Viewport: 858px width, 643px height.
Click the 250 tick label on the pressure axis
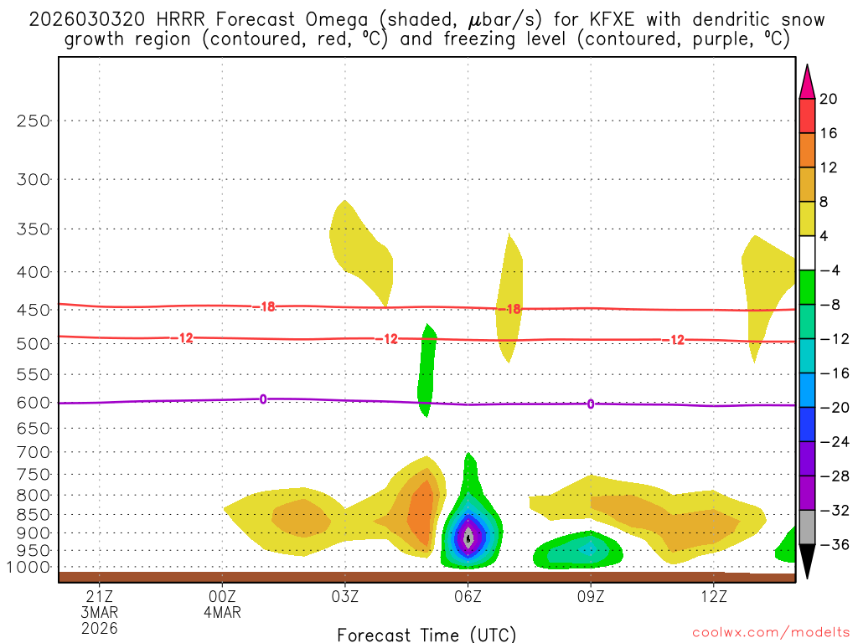[34, 121]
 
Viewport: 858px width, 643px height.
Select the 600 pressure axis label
[34, 403]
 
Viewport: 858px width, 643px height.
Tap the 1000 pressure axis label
[30, 568]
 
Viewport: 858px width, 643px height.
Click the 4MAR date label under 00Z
[222, 612]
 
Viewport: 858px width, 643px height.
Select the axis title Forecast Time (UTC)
[426, 634]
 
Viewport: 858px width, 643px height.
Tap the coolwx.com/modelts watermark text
[770, 634]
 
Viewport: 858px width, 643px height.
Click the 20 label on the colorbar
[829, 99]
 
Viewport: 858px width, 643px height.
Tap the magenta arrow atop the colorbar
[807, 81]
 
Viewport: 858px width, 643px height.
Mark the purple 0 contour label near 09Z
[591, 404]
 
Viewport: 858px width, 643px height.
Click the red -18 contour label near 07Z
[509, 309]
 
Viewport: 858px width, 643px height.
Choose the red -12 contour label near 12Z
[673, 339]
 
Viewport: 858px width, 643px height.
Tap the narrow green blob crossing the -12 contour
[427, 368]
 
